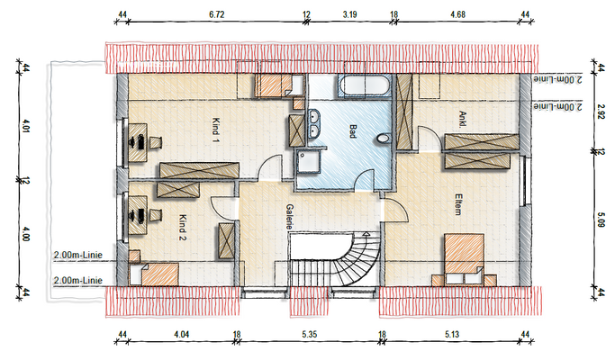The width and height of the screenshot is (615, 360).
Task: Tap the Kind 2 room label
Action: tap(183, 228)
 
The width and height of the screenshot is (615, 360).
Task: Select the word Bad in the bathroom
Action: tap(353, 131)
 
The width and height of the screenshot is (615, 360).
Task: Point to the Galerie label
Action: tap(290, 217)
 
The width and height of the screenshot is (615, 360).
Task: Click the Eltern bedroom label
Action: tap(457, 204)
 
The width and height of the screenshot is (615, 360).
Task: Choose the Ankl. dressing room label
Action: tap(463, 119)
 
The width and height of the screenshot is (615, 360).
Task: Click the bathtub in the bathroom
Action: tap(365, 85)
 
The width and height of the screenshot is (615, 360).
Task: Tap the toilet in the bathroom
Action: tap(384, 139)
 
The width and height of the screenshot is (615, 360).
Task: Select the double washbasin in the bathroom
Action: tap(313, 124)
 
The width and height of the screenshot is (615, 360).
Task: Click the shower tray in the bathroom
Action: tap(308, 163)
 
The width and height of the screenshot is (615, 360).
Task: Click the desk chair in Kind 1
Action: tap(155, 142)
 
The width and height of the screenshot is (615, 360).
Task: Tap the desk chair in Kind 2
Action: tap(155, 215)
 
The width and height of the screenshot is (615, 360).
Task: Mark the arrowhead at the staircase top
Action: tap(366, 235)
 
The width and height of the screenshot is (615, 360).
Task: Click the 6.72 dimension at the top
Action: tap(216, 15)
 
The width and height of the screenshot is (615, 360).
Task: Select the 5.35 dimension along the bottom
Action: tap(310, 335)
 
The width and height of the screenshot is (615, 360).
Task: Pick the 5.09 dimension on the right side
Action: tap(601, 220)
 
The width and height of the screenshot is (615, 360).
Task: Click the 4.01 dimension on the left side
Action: tap(26, 129)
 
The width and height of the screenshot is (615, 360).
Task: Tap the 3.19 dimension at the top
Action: tap(349, 15)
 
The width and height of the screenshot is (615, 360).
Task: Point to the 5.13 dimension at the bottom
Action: tap(452, 335)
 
